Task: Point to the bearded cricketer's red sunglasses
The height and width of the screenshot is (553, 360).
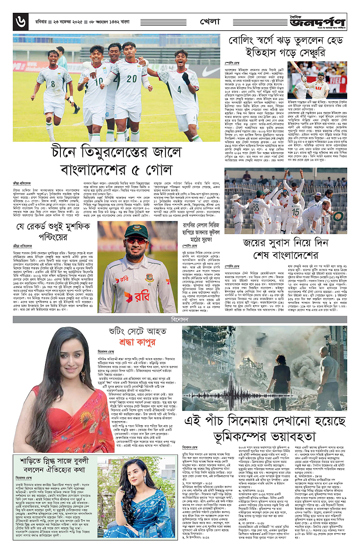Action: point(136,240)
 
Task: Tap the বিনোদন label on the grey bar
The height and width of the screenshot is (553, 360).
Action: point(180,319)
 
